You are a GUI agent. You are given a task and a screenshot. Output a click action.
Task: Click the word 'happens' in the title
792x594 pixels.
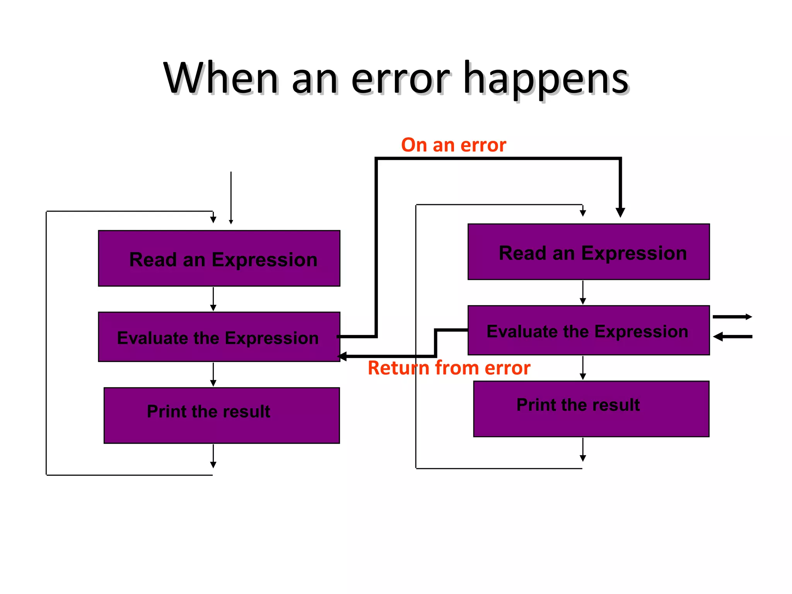(x=546, y=79)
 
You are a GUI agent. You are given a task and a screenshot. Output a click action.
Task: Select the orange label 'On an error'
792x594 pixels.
(x=453, y=145)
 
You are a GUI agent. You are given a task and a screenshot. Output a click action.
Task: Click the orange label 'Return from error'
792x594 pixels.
(x=449, y=368)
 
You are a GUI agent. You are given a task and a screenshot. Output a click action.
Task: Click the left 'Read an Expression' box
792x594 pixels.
(x=219, y=258)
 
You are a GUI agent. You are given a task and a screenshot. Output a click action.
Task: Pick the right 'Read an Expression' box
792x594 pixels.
(x=588, y=252)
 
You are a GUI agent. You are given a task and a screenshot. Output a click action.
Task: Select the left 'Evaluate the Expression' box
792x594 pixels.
(x=219, y=337)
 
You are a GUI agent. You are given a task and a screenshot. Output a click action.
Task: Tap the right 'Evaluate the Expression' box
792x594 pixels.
(x=588, y=330)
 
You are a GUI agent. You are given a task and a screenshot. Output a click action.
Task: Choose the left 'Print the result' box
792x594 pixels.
(x=221, y=415)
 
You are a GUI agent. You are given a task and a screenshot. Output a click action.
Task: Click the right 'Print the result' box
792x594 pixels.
(x=591, y=409)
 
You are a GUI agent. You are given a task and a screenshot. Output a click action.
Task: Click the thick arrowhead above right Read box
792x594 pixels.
(x=620, y=212)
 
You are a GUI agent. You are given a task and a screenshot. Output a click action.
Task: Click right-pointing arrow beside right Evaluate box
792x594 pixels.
(x=732, y=317)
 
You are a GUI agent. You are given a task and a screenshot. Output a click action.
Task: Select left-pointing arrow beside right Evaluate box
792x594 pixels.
(x=732, y=337)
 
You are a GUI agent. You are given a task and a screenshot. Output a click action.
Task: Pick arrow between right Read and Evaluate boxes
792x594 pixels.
(x=583, y=293)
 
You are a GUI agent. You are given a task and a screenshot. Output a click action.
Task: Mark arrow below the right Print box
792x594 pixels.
(x=583, y=450)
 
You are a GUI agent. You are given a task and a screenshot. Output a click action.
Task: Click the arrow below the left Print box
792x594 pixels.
(x=213, y=457)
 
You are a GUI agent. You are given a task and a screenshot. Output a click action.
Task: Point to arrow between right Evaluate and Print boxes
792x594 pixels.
(x=583, y=368)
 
